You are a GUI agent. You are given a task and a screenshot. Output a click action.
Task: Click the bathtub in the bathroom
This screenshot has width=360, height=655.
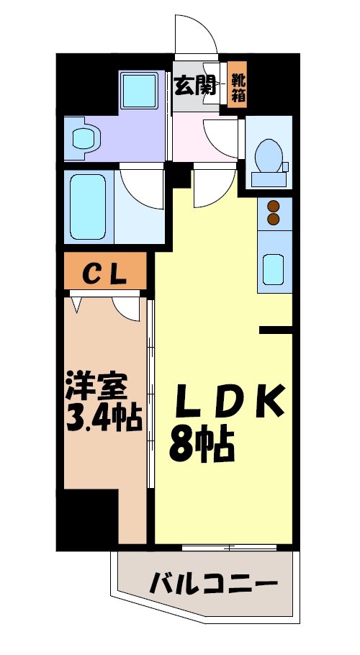point(89,205)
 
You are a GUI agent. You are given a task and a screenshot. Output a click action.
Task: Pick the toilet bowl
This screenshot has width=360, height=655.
point(268,155)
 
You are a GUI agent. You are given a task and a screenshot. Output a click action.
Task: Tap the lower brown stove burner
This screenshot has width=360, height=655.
point(274,218)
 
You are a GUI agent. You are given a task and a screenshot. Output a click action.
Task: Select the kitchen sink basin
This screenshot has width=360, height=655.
point(274,268)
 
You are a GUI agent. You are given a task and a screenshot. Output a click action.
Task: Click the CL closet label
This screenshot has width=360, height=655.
point(105,273)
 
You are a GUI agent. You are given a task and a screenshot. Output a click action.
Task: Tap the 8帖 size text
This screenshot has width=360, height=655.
point(202,445)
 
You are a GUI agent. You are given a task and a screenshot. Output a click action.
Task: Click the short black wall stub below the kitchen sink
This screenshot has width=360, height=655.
point(276,330)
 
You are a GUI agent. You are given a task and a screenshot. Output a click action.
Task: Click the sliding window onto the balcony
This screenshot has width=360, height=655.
point(229,548)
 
